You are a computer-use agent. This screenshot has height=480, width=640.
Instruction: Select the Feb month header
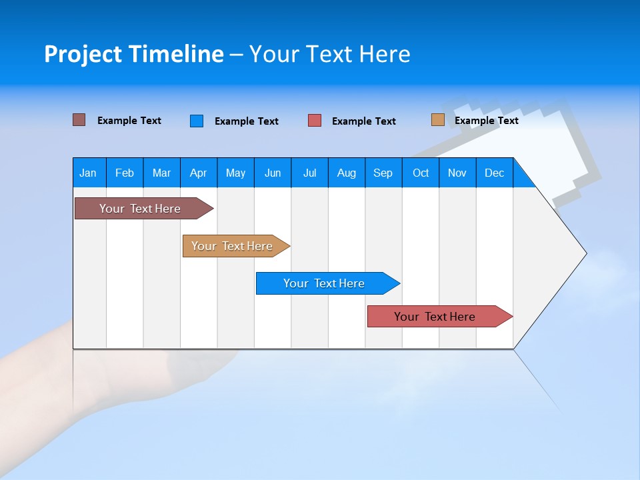click(x=125, y=173)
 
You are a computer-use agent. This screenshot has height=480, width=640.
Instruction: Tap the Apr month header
click(x=199, y=173)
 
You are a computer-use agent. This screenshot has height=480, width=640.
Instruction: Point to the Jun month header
click(x=273, y=173)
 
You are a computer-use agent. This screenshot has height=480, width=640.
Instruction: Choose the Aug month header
click(x=347, y=173)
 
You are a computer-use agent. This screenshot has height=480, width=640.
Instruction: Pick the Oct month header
click(x=421, y=173)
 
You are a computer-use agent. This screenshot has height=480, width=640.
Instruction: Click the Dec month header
click(x=494, y=173)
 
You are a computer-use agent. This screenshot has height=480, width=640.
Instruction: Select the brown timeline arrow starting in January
click(x=144, y=208)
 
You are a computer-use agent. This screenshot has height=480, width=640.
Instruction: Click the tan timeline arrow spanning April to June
click(x=236, y=246)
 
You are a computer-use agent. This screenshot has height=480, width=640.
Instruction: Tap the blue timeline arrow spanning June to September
click(x=328, y=283)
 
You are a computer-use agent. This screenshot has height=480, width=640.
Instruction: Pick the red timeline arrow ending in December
click(x=440, y=316)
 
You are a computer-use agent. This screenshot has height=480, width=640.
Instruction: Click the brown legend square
click(x=79, y=120)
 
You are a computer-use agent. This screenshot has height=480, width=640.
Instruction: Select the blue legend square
click(x=197, y=121)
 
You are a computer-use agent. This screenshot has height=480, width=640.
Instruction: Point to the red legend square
click(x=314, y=121)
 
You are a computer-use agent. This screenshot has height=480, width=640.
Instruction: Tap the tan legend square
click(x=438, y=119)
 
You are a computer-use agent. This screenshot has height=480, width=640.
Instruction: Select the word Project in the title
click(x=83, y=54)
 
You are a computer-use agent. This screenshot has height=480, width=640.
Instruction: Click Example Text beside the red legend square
click(x=364, y=121)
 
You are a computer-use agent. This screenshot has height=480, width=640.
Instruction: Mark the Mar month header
click(x=161, y=173)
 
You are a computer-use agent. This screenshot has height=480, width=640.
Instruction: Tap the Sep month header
click(x=383, y=173)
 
